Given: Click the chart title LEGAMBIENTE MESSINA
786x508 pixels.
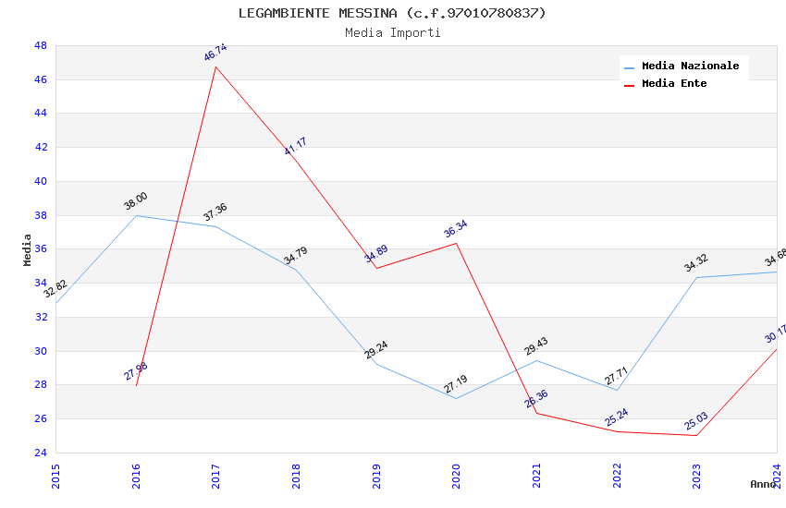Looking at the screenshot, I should (x=392, y=13).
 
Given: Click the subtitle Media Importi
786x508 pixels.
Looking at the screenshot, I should (x=392, y=33).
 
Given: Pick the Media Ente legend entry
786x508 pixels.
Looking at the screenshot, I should (x=674, y=83).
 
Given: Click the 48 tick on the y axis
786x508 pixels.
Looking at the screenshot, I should (x=41, y=45).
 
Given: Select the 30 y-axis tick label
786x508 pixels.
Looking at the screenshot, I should (x=41, y=351).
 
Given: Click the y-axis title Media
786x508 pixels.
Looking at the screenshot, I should (x=28, y=249).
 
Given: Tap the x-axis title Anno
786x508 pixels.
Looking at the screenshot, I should (x=763, y=484).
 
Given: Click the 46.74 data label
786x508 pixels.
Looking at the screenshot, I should (x=215, y=53).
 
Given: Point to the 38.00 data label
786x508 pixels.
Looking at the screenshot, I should (x=136, y=201).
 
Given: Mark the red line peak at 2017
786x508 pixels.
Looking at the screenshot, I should (x=215, y=67).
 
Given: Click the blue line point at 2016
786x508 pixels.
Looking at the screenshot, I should (x=136, y=215).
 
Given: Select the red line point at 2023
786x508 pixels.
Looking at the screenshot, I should (x=696, y=435).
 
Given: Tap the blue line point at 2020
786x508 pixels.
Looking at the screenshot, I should (x=456, y=398).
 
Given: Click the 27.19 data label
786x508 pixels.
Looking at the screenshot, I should (x=456, y=384).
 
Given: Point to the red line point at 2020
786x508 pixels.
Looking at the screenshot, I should (x=456, y=243).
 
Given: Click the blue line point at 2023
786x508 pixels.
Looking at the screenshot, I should (x=696, y=277).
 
